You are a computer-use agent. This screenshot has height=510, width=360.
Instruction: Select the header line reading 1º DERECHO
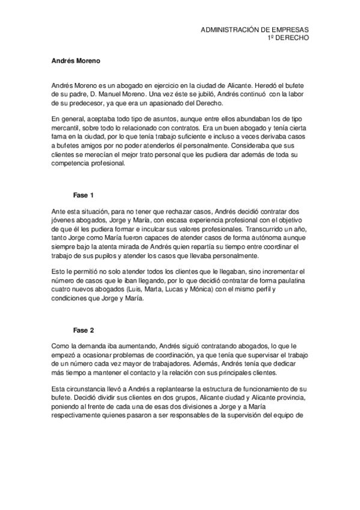288,37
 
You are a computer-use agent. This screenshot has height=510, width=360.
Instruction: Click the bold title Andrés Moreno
72,61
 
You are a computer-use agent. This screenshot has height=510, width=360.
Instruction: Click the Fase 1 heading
84,195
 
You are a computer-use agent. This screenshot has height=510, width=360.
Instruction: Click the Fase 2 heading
84,331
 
